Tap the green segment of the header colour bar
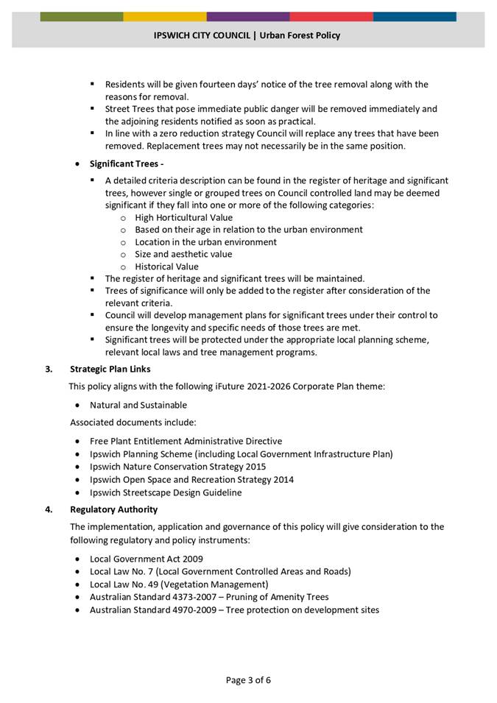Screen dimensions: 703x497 (x=82, y=16)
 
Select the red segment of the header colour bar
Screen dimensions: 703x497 (x=331, y=16)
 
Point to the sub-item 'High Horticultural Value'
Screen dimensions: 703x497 (x=183, y=217)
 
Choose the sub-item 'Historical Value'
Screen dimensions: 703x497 (x=166, y=266)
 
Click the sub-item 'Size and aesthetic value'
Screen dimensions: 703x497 (x=183, y=254)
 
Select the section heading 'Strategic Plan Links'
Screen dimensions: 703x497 (x=110, y=369)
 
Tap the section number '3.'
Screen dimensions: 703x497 (x=49, y=369)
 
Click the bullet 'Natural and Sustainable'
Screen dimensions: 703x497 (x=138, y=405)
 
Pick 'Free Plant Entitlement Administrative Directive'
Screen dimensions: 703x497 (x=186, y=441)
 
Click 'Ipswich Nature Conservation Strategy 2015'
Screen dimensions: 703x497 (x=177, y=467)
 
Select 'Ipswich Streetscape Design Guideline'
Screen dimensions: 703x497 (x=166, y=492)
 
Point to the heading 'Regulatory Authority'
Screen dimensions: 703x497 (x=113, y=509)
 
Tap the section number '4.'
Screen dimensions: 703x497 (x=49, y=509)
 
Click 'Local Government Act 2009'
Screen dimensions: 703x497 (x=147, y=559)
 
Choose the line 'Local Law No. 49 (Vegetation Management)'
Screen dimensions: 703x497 (x=179, y=584)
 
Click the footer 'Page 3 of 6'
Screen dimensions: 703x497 (x=248, y=679)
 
